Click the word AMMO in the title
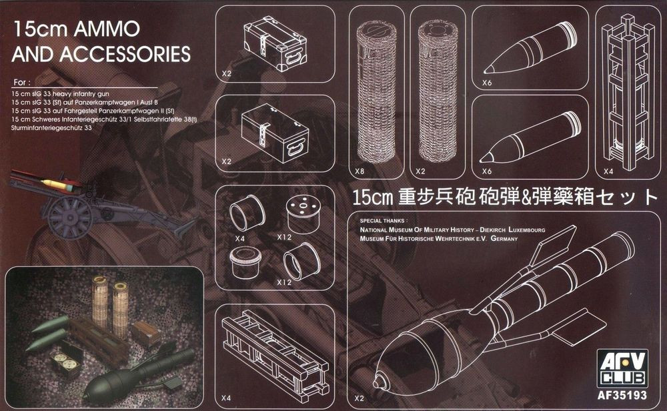(x=107, y=29)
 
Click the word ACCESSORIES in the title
(x=125, y=54)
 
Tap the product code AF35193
(x=622, y=395)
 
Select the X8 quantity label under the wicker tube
(x=360, y=171)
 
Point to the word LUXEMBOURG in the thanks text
(x=527, y=230)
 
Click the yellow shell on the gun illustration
(x=59, y=183)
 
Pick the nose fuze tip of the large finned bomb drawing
(x=378, y=380)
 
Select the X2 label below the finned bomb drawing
(x=359, y=398)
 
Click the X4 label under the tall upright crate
(x=608, y=171)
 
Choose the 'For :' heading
(x=22, y=82)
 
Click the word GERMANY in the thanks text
(x=504, y=239)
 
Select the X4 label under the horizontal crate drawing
(x=226, y=398)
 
